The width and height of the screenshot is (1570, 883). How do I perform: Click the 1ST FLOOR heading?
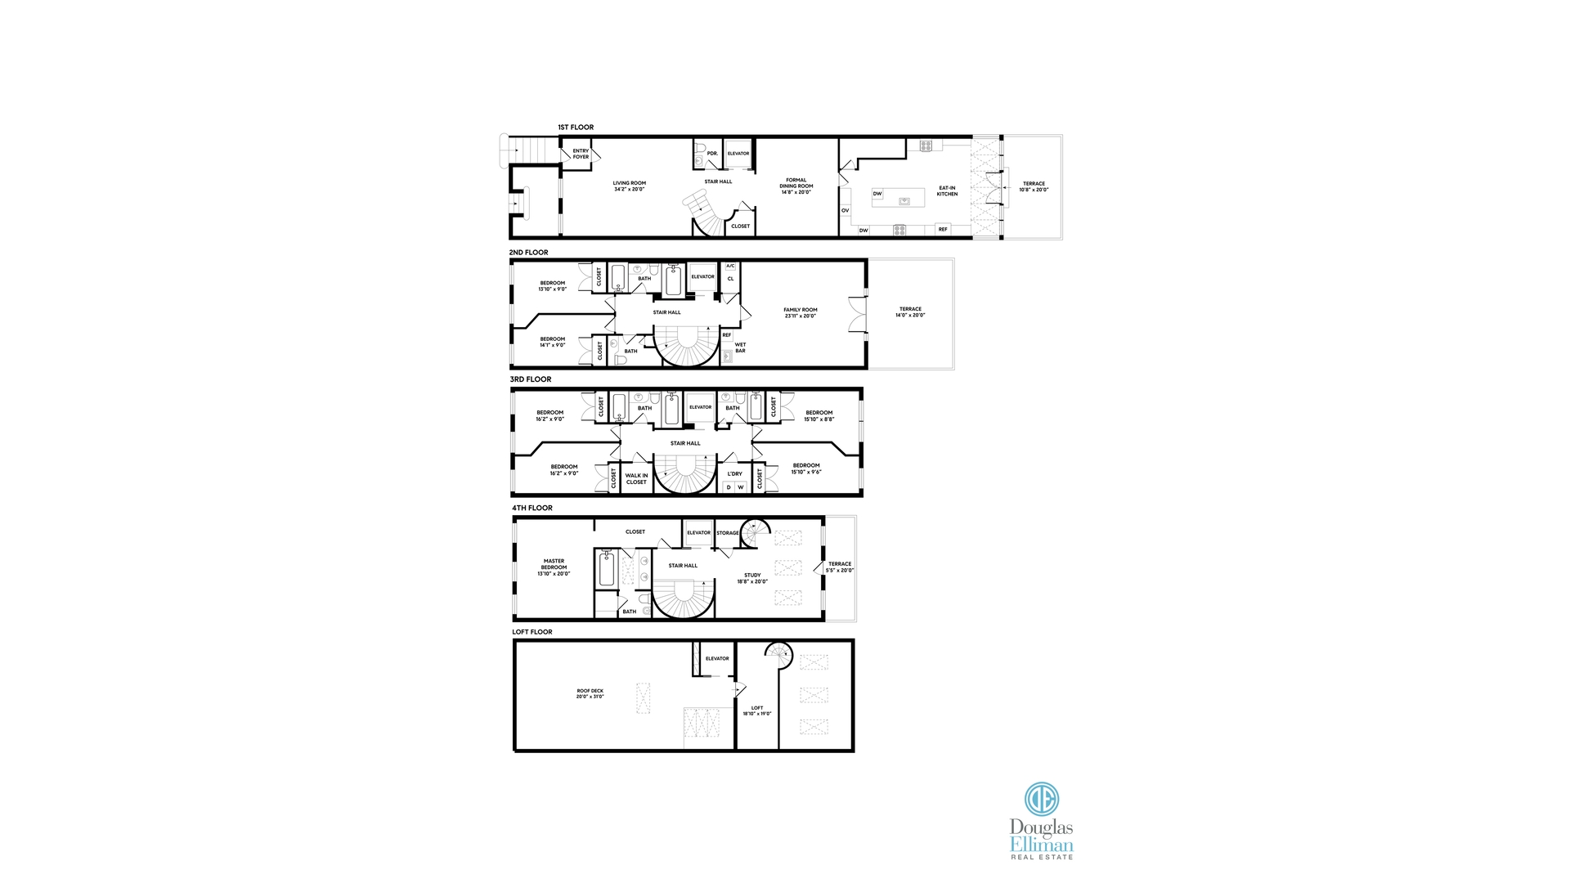(x=576, y=128)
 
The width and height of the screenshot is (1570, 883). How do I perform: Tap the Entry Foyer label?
(x=581, y=154)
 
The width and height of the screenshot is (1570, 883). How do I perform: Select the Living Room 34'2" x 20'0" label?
(x=630, y=186)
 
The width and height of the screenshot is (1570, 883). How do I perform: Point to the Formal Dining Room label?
(x=796, y=186)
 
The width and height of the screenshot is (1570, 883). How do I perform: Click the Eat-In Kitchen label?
(x=947, y=191)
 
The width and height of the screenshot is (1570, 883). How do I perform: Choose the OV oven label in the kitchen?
(x=846, y=211)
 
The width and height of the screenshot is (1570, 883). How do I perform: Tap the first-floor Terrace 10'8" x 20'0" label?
(x=1034, y=187)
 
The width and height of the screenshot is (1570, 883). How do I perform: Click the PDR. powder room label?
(x=712, y=154)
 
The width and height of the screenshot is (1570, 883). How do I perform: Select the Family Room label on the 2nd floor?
(x=801, y=313)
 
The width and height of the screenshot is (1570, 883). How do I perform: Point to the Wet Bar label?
(x=740, y=348)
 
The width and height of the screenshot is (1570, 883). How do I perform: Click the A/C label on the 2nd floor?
(x=730, y=266)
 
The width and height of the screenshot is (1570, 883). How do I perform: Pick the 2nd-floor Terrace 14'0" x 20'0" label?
(x=910, y=312)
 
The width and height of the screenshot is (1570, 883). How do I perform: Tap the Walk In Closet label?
(x=636, y=479)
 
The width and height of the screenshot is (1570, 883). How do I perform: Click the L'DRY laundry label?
(x=735, y=474)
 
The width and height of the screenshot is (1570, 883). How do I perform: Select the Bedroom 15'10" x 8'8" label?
(x=819, y=416)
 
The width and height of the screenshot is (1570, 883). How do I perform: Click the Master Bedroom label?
(x=554, y=567)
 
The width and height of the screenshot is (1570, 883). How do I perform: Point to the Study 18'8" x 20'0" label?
(x=752, y=579)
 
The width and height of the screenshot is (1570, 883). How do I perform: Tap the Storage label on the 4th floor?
(x=728, y=533)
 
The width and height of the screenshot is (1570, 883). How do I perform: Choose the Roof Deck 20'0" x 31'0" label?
(x=590, y=694)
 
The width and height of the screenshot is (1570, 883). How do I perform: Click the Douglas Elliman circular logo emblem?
(x=1042, y=799)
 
